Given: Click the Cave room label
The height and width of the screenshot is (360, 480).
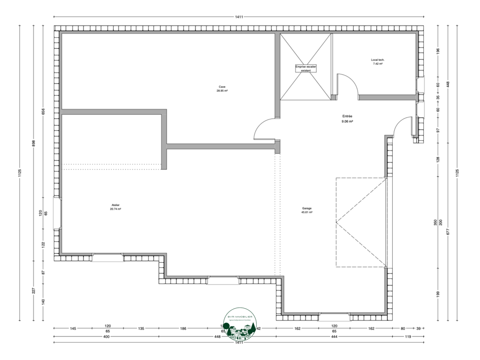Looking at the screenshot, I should [x=222, y=87].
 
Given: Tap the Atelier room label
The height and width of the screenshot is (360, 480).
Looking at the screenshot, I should [x=115, y=205].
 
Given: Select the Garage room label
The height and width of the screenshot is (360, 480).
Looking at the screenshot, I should [x=307, y=208].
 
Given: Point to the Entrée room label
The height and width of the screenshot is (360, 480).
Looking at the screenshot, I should [x=348, y=116].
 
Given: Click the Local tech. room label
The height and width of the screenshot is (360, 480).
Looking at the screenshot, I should [x=378, y=60].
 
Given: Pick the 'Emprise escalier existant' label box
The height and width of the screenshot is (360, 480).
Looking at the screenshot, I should [x=306, y=69].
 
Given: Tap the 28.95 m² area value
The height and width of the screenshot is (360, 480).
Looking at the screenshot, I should [x=222, y=91].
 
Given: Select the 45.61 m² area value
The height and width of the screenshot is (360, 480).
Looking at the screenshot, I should [x=307, y=212].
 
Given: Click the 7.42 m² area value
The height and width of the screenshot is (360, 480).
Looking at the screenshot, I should [x=378, y=63].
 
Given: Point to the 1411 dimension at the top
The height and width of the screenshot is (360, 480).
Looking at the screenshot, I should [x=239, y=17].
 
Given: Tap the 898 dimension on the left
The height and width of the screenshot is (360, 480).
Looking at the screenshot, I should [x=33, y=144].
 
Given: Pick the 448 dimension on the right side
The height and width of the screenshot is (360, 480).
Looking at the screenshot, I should [x=447, y=84].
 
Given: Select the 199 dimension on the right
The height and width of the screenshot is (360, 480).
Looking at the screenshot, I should [x=438, y=293].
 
